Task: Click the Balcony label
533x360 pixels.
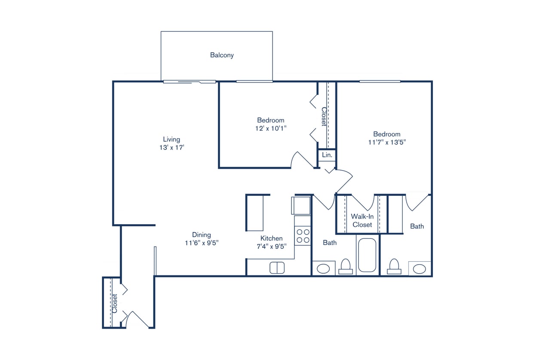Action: (x=222, y=55)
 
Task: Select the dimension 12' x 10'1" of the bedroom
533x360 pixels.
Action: (x=270, y=128)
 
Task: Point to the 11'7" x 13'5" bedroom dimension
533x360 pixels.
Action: (x=386, y=142)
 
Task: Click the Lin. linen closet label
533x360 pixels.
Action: (x=327, y=155)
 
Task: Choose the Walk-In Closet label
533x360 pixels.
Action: (x=362, y=220)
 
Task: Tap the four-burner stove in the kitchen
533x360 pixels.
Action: (x=303, y=236)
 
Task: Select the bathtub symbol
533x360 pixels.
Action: (x=367, y=255)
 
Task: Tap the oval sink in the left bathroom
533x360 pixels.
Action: (x=323, y=269)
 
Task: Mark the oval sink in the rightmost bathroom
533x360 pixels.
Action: (x=420, y=269)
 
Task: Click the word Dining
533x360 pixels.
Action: (x=201, y=235)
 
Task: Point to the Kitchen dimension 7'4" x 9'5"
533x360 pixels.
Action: (x=272, y=246)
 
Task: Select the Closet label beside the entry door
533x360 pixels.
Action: (x=115, y=303)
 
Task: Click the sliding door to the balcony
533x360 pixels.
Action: (x=189, y=82)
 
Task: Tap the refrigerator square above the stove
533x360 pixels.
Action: (x=301, y=205)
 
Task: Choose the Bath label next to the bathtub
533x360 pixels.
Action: (x=330, y=243)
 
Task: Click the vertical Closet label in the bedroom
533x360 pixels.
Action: (x=324, y=116)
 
